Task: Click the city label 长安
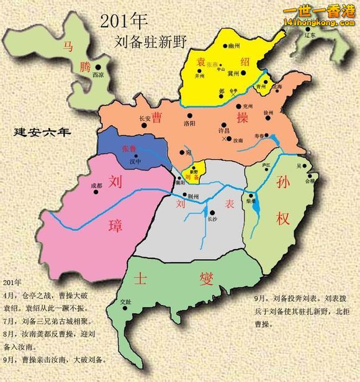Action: pos(145,117)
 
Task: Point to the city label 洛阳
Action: pos(190,124)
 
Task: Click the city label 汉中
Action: pos(135,161)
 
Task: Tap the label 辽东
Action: pos(310,35)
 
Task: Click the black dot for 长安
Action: pos(145,124)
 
